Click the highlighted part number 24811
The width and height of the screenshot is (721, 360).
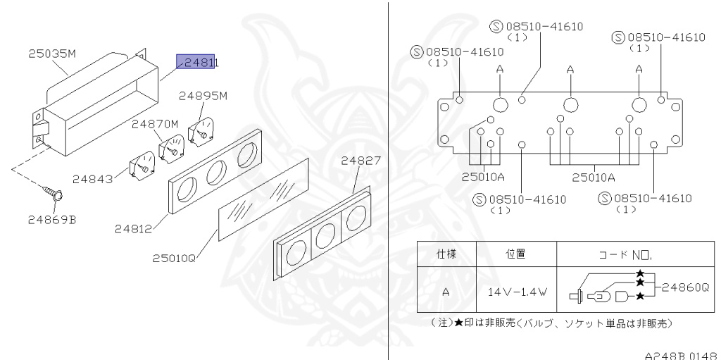pos(200,63)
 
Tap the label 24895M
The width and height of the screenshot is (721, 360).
pos(203,96)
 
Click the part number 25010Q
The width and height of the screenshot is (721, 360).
pos(173,259)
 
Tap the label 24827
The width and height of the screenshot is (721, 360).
pos(360,160)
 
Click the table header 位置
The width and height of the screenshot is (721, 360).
pos(516,252)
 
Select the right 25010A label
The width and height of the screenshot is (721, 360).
pos(593,178)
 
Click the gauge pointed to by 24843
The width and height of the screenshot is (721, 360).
pos(141,166)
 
